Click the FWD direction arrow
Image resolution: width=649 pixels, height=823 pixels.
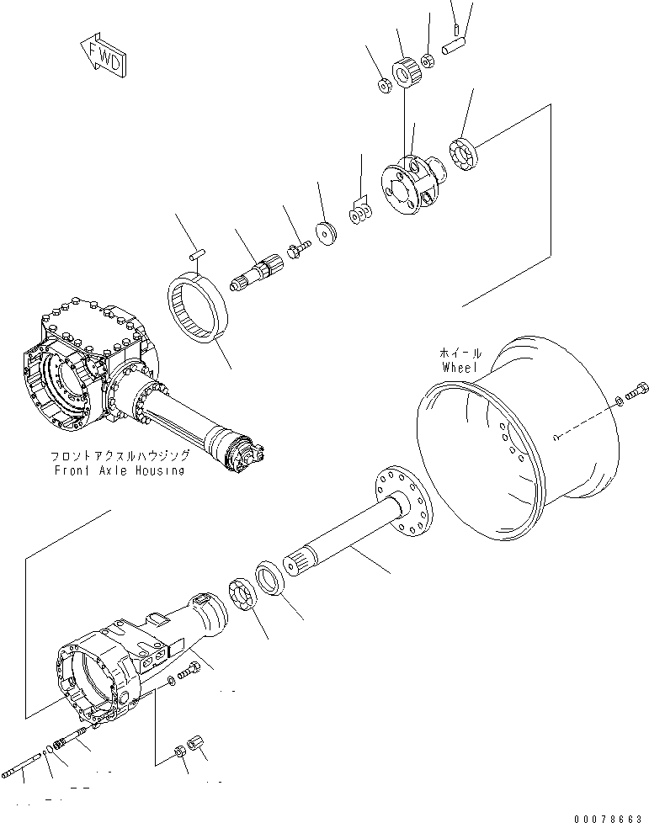click(x=103, y=56)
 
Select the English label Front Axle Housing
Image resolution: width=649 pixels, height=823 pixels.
click(x=119, y=470)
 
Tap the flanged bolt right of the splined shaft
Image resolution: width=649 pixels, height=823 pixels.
click(x=297, y=248)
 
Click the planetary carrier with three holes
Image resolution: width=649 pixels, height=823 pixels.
click(x=407, y=185)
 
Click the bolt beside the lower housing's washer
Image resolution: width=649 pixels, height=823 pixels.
click(x=192, y=671)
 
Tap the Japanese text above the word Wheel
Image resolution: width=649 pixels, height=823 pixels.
click(x=459, y=354)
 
